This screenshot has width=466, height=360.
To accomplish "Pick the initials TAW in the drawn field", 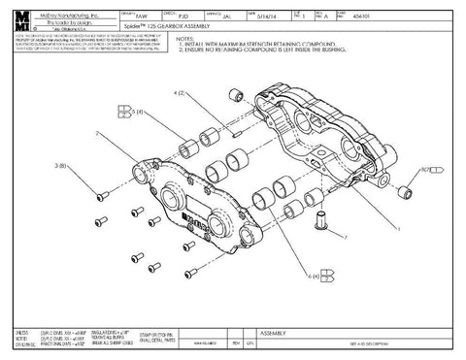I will [x=138, y=16].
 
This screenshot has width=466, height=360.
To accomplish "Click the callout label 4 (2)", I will [x=181, y=94].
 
